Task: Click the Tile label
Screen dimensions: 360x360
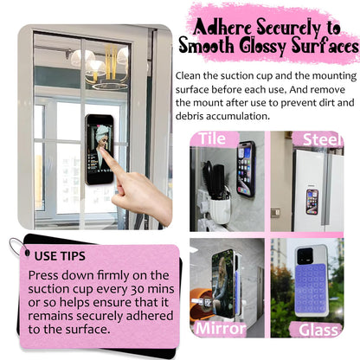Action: click(212, 138)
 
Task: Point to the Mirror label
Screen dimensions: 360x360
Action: click(221, 329)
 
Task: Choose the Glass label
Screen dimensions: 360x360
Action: click(318, 330)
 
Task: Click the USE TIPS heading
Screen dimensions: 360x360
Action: click(60, 256)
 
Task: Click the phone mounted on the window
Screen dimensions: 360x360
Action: click(100, 149)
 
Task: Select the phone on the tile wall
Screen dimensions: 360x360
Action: click(246, 169)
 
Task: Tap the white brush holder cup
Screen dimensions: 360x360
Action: click(219, 211)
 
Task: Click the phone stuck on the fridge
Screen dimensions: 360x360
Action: click(312, 202)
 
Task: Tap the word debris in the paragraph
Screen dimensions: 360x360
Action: click(190, 116)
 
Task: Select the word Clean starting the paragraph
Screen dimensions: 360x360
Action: click(188, 76)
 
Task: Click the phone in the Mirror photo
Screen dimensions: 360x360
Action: click(224, 284)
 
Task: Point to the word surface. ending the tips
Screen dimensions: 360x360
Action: click(88, 330)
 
